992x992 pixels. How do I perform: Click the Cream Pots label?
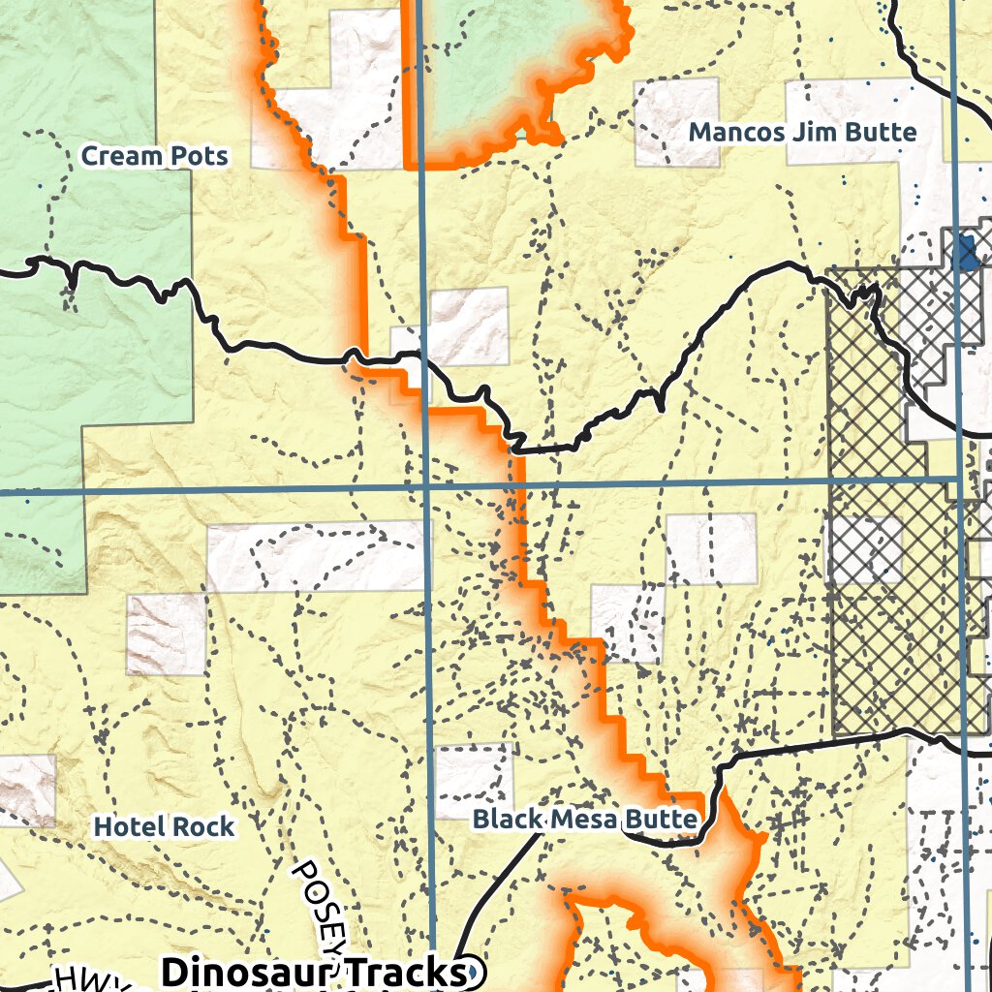pyautogui.click(x=154, y=156)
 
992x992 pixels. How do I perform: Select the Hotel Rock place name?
pyautogui.click(x=164, y=826)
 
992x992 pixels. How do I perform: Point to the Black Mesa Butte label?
pyautogui.click(x=584, y=820)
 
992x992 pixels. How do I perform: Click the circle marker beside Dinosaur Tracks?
pyautogui.click(x=471, y=971)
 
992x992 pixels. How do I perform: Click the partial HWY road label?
pyautogui.click(x=92, y=979)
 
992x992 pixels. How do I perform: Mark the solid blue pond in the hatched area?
pyautogui.click(x=964, y=253)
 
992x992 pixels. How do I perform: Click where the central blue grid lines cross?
pyautogui.click(x=427, y=487)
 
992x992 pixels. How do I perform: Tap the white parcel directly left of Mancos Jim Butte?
pyautogui.click(x=677, y=122)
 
